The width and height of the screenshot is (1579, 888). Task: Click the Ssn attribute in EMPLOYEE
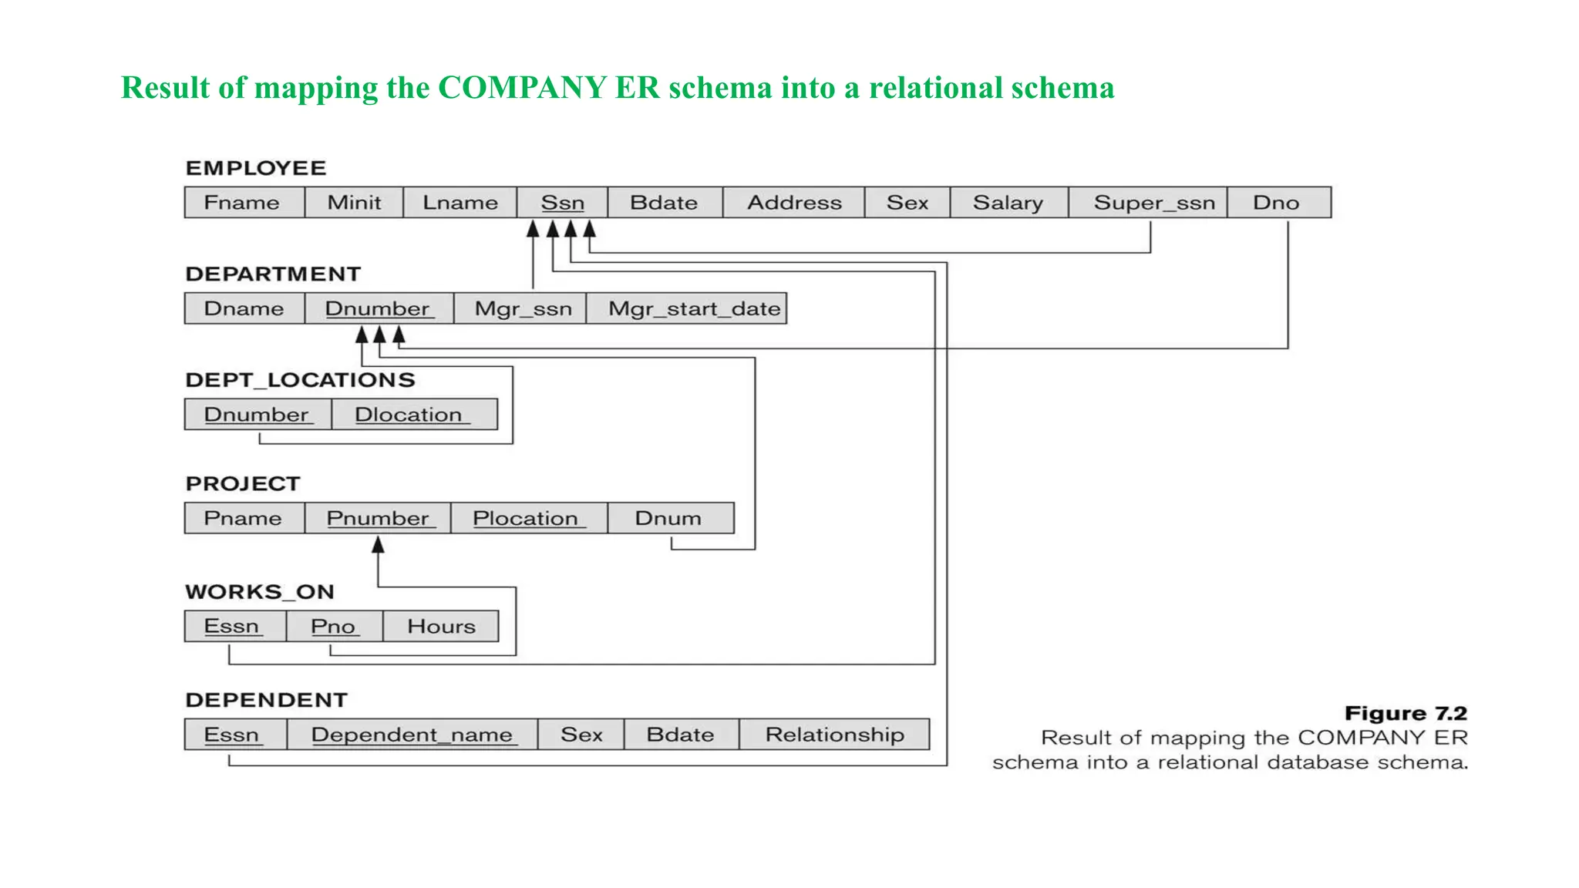click(562, 202)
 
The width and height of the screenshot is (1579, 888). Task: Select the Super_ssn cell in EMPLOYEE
click(1153, 202)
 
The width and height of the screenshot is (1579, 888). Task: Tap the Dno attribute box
click(1277, 202)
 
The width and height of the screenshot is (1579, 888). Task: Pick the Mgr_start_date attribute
click(693, 308)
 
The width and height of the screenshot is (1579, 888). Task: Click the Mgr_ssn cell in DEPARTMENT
click(523, 308)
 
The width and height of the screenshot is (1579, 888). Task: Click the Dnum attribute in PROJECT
click(668, 518)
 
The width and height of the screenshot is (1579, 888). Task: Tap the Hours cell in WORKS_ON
click(441, 626)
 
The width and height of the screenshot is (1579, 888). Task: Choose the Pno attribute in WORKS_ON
click(333, 626)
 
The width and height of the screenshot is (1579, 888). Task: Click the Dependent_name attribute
click(412, 734)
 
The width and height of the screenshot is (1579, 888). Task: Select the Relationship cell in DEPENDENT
click(834, 734)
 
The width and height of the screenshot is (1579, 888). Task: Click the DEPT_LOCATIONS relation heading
click(300, 380)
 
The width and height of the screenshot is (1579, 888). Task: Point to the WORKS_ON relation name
click(260, 592)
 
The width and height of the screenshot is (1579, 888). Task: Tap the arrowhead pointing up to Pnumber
click(378, 545)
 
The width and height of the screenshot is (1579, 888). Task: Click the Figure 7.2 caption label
click(1405, 713)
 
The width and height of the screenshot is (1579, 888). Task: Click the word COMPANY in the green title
click(522, 88)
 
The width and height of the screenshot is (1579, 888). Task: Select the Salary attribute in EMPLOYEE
click(1008, 202)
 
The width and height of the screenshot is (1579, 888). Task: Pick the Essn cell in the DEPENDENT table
click(232, 734)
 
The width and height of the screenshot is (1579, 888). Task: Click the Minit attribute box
click(354, 202)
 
